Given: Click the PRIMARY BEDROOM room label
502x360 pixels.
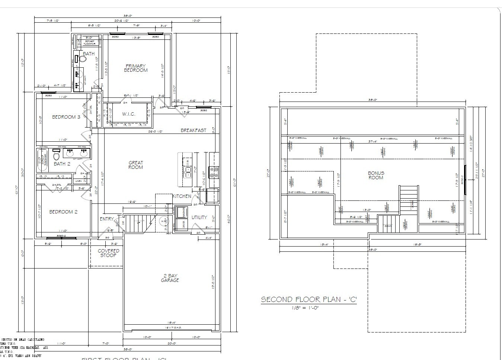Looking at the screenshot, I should click(135, 68).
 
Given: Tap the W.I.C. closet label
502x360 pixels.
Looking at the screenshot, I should click(129, 114).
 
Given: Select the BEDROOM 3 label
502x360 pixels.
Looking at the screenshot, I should click(66, 117).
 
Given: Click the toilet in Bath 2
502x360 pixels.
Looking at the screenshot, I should click(57, 155).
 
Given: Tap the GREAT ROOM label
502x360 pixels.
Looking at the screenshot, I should click(136, 165).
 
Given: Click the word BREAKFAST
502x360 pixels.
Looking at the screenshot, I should click(194, 131).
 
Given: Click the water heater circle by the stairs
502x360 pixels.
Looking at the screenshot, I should click(164, 221).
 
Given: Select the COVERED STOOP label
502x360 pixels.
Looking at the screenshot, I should click(108, 253).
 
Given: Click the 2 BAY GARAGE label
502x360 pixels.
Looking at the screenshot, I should click(170, 278).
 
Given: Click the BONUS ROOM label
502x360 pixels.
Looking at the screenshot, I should click(376, 175).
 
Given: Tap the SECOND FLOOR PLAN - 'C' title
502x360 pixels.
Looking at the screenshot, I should click(308, 299).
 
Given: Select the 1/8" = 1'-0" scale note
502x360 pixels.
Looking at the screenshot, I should click(305, 308).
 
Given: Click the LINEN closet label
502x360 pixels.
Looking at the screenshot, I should click(78, 181).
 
